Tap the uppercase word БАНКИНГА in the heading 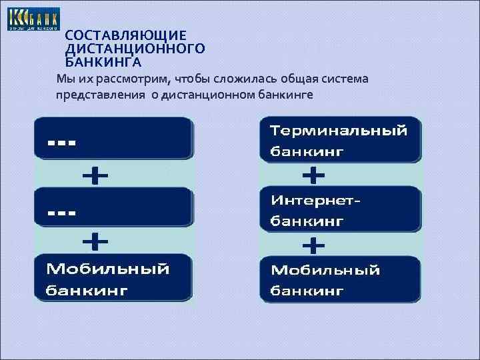pos(103,63)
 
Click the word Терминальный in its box pos(338,131)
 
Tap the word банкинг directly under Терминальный pos(307,151)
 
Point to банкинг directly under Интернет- pos(307,219)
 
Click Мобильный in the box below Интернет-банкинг pos(325,270)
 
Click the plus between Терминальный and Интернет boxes pos(314,176)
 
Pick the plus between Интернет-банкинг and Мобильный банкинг pos(314,246)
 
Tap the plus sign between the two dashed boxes pos(95,176)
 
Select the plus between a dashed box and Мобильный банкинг pos(95,240)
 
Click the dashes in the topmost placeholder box pos(61,142)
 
